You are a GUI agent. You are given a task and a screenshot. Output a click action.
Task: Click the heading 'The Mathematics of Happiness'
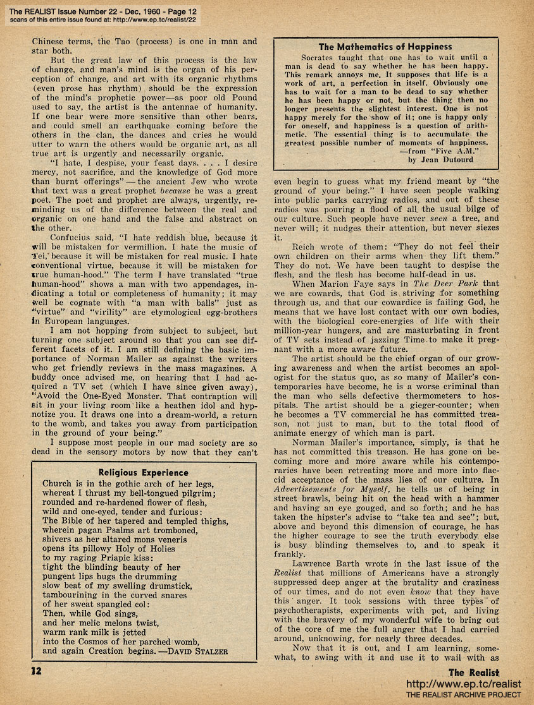pyautogui.click(x=385, y=47)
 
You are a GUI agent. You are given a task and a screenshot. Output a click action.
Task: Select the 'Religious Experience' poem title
pyautogui.click(x=144, y=472)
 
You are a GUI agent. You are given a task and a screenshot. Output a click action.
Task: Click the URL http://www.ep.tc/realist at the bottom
pyautogui.click(x=464, y=684)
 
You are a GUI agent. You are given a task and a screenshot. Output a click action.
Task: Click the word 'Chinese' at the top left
pyautogui.click(x=51, y=42)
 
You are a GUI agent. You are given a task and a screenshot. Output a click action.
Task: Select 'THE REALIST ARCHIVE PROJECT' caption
pyautogui.click(x=464, y=696)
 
